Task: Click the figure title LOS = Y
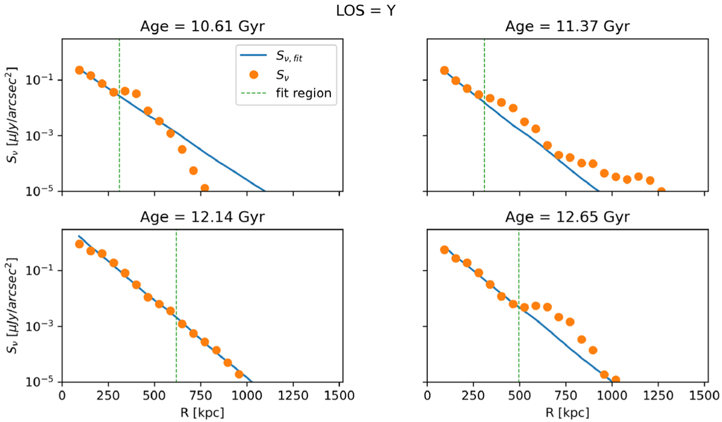pos(361,10)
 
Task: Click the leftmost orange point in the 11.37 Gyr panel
pos(445,70)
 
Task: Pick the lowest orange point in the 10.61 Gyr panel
pos(205,188)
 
